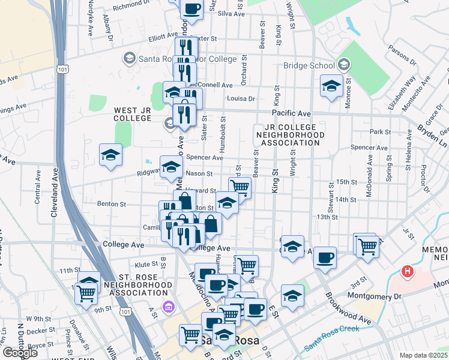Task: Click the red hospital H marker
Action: [x=408, y=272]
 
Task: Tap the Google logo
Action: [x=20, y=353]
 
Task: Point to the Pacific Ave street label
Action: [x=291, y=113]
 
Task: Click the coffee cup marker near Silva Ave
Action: [x=192, y=9]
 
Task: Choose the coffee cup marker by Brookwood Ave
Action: [x=325, y=257]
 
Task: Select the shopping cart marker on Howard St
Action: [x=240, y=187]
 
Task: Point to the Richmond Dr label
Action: [x=130, y=7]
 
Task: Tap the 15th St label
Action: [x=346, y=181]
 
